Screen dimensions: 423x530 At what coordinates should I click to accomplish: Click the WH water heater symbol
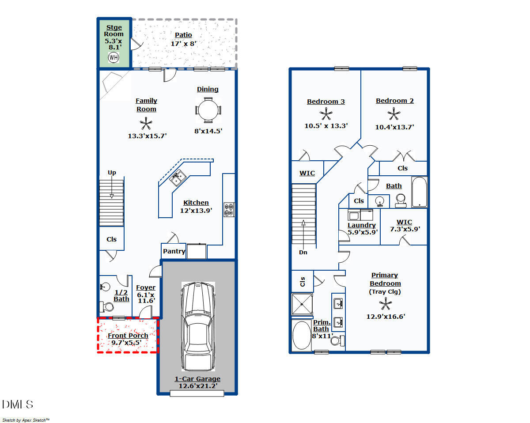click(114, 57)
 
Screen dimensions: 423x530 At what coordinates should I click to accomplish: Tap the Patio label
click(183, 35)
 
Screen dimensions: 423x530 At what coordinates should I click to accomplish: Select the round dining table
click(208, 110)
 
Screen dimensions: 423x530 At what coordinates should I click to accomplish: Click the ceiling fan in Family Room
click(146, 124)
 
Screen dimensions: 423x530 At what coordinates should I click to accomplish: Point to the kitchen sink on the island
click(179, 178)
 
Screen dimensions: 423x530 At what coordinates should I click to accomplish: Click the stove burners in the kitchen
click(229, 209)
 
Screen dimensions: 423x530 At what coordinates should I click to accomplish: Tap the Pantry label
click(174, 251)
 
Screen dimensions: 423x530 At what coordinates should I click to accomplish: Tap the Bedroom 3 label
click(326, 102)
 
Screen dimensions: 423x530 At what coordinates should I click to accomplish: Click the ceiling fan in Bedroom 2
click(394, 114)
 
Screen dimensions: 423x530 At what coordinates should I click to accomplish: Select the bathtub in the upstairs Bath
click(420, 192)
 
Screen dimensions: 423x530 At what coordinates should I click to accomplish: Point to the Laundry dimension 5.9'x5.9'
click(362, 232)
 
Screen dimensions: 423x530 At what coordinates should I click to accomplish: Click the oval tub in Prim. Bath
click(302, 336)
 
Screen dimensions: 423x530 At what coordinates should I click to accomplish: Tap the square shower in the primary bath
click(302, 304)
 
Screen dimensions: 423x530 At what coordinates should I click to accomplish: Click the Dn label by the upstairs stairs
click(303, 252)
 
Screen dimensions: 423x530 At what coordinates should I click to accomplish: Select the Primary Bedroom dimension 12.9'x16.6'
click(386, 316)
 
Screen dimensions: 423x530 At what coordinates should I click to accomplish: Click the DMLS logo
click(18, 404)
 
